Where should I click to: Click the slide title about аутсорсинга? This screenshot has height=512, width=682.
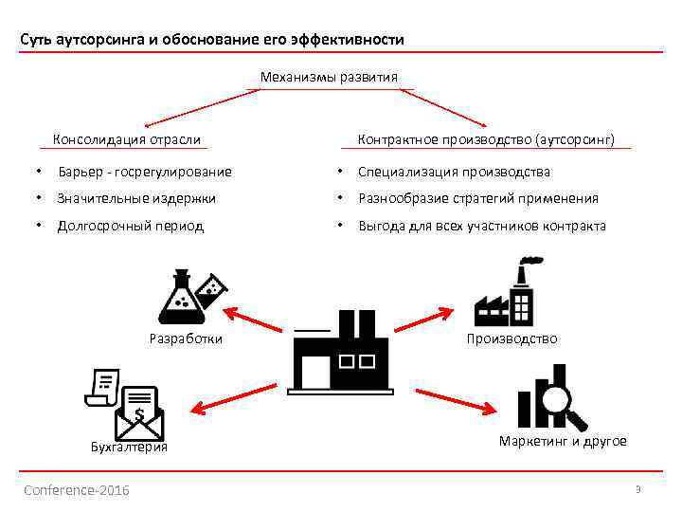213,40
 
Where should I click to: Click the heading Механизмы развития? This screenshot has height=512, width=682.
329,77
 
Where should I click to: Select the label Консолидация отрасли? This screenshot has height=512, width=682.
127,139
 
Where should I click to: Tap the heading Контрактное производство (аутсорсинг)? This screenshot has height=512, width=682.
486,139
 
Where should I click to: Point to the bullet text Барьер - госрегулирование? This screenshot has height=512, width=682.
145,172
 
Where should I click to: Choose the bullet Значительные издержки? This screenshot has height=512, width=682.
136,198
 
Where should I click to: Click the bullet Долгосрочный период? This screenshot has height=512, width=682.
131,226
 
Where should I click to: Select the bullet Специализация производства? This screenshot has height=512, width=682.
454,172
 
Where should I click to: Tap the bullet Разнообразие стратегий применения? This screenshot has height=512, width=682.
478,198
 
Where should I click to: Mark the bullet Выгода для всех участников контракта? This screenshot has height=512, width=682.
482,226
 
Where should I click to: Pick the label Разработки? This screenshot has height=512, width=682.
188,338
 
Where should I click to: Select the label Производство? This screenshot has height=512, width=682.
512,338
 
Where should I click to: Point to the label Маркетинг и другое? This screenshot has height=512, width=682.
563,442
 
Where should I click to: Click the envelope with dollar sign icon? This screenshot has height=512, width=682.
138,413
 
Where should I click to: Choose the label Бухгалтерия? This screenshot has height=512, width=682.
129,448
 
